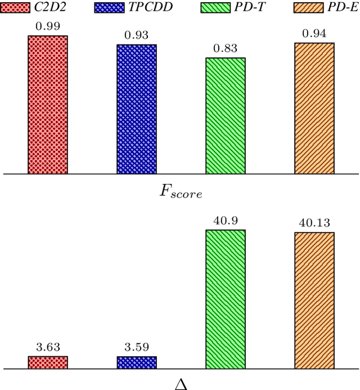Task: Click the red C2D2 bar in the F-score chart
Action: (x=48, y=105)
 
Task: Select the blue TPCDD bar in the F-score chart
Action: (x=137, y=109)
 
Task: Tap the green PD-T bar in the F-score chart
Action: (x=226, y=116)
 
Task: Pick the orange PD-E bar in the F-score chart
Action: (x=314, y=109)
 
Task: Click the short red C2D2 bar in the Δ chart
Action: (x=48, y=362)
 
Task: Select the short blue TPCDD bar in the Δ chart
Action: (x=137, y=362)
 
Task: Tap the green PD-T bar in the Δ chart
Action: (x=226, y=299)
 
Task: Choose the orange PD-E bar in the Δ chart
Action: (x=314, y=301)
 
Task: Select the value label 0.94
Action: (x=314, y=34)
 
